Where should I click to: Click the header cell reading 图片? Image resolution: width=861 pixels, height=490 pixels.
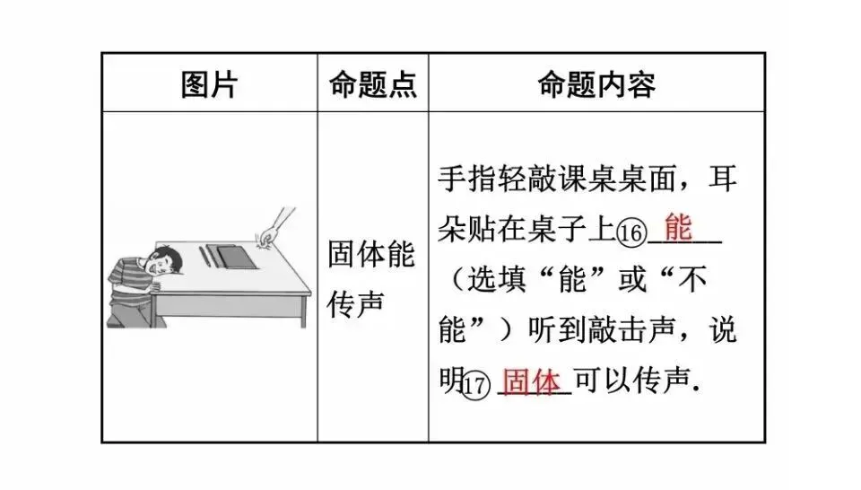[x=209, y=84]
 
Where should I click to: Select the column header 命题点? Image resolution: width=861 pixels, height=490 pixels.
[x=372, y=84]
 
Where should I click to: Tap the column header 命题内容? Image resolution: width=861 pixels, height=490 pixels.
[x=596, y=84]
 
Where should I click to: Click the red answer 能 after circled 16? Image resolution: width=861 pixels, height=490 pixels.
[x=679, y=228]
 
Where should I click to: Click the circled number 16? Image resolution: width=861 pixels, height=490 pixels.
[x=631, y=233]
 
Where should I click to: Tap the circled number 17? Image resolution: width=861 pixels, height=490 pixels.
[x=477, y=386]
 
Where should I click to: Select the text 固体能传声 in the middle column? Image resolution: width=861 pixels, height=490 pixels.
[x=371, y=279]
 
